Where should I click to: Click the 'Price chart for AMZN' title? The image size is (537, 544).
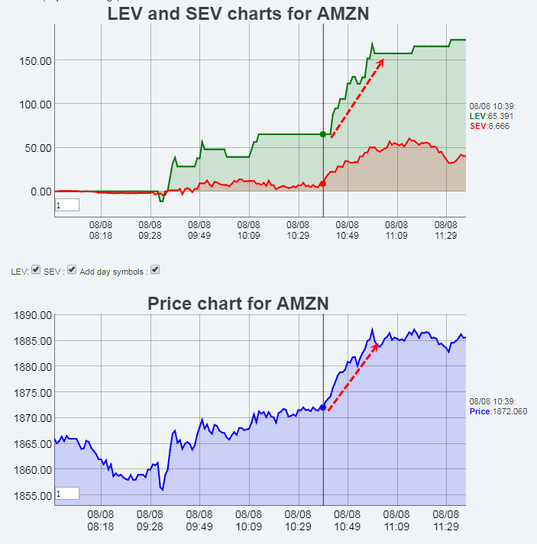coord(238,304)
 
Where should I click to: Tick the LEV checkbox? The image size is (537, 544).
coord(36,270)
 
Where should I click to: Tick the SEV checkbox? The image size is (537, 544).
coord(72,270)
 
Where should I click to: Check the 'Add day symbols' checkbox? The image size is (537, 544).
coord(155,270)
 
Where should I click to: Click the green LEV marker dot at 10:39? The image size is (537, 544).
coord(322,134)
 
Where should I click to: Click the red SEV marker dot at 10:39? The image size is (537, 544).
coord(322,184)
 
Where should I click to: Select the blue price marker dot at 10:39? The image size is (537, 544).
coord(322,407)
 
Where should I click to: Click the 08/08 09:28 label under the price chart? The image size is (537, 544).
coord(150,520)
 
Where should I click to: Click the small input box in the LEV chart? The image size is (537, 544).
coord(67,205)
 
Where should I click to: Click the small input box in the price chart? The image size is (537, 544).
coord(67,494)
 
